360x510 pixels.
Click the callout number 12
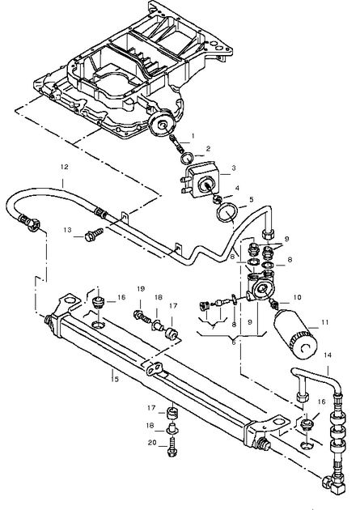(x=65, y=167)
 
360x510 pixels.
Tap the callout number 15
(x=114, y=379)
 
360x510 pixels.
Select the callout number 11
(x=325, y=322)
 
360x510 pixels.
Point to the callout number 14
(x=328, y=355)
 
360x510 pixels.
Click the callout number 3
(x=234, y=168)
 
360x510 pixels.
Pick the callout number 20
(x=152, y=443)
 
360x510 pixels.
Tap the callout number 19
(x=141, y=289)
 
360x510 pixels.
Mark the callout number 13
(x=67, y=230)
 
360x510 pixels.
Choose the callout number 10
(x=297, y=297)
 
